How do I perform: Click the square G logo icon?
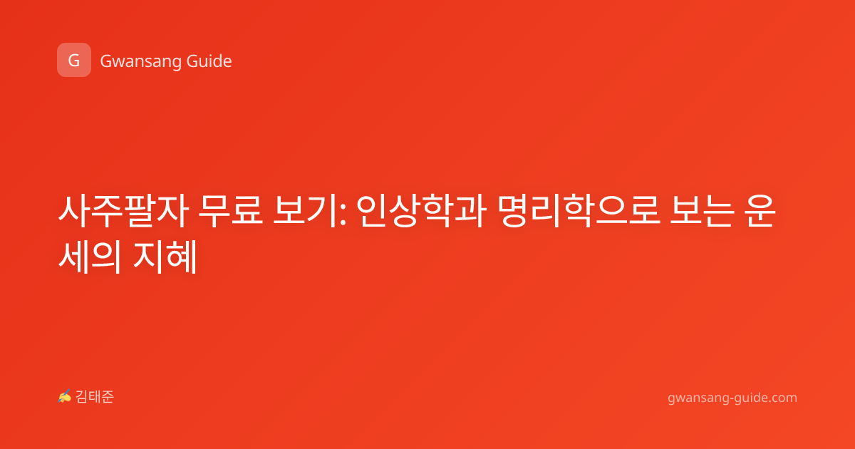(74, 60)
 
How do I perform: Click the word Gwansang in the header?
(140, 61)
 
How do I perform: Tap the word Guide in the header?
(209, 61)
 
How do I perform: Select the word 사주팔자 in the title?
(123, 211)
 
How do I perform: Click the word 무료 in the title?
(231, 210)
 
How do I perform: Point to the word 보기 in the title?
(305, 210)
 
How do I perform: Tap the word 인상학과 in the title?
(421, 211)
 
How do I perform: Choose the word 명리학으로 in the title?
(579, 211)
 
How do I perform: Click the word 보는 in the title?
(703, 210)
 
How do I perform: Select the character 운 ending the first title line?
(760, 211)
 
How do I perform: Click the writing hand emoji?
(65, 396)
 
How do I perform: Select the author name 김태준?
(95, 397)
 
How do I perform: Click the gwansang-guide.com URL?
(732, 398)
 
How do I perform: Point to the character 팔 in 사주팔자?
(140, 211)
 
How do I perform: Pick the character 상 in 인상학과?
(405, 211)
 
